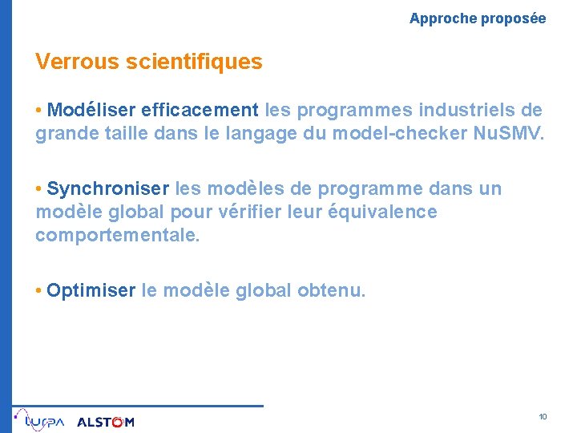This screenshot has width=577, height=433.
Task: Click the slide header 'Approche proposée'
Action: tap(478, 18)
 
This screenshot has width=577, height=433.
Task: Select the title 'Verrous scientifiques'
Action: tap(148, 62)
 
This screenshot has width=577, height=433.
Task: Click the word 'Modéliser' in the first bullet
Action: tap(91, 110)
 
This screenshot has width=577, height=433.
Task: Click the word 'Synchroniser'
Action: tap(108, 189)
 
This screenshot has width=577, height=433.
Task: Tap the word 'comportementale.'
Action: tap(118, 236)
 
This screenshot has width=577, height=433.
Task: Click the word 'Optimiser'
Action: tap(91, 290)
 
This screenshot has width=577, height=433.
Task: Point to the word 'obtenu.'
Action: tap(331, 290)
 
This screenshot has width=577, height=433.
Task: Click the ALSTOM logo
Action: tap(106, 422)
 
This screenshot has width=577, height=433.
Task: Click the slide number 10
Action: tap(543, 417)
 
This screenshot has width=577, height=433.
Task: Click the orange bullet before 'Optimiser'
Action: tap(38, 290)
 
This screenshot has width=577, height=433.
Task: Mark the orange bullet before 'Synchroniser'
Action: tap(38, 189)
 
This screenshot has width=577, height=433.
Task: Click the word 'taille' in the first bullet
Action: tap(127, 133)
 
